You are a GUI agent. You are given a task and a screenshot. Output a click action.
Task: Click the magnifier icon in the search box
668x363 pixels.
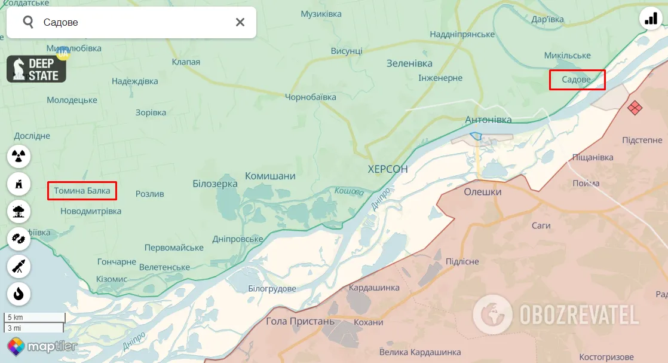(28, 23)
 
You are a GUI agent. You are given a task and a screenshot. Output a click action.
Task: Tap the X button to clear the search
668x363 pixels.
(240, 23)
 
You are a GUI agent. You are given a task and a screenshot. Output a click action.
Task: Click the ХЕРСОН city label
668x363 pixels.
(388, 169)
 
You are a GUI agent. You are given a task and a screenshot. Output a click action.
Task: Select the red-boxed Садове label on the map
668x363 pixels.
(577, 80)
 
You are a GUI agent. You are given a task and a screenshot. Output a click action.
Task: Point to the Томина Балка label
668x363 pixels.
(82, 191)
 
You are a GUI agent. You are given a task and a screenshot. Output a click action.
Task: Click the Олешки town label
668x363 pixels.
(483, 192)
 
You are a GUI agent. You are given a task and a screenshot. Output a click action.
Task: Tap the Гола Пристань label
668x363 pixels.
(301, 321)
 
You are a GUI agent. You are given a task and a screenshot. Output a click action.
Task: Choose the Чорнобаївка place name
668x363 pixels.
(310, 97)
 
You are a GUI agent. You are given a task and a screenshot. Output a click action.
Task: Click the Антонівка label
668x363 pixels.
(488, 120)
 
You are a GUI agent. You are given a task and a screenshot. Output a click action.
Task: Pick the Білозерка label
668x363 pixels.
(215, 184)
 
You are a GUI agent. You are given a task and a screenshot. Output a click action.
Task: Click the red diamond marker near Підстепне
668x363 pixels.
(635, 108)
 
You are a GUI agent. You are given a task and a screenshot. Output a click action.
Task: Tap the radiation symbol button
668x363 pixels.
(19, 157)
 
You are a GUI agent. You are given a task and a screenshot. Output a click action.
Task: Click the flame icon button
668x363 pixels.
(19, 294)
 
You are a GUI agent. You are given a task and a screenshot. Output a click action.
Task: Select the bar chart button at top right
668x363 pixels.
(651, 19)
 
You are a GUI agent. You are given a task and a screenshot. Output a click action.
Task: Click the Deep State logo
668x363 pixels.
(36, 69)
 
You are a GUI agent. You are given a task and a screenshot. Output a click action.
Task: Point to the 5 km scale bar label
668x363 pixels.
(16, 318)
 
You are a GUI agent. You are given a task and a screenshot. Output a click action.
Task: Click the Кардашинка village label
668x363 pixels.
(374, 288)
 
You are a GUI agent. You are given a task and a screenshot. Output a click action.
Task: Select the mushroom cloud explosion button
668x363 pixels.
(19, 211)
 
